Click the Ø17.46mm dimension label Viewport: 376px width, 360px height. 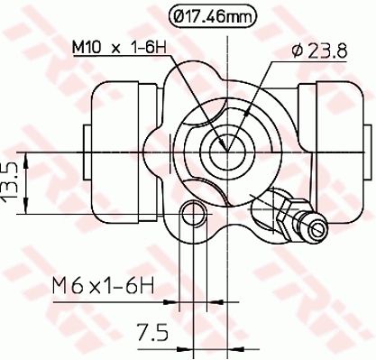(x=213, y=16)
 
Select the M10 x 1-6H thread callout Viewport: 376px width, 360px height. (x=119, y=47)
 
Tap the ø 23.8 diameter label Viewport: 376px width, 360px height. (x=319, y=51)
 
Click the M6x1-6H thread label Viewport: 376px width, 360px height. (x=103, y=286)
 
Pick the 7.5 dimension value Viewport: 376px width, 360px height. (x=152, y=333)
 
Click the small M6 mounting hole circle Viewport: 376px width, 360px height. (x=194, y=214)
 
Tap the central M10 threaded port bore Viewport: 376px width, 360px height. (x=227, y=152)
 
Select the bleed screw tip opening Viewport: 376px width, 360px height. (x=316, y=229)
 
